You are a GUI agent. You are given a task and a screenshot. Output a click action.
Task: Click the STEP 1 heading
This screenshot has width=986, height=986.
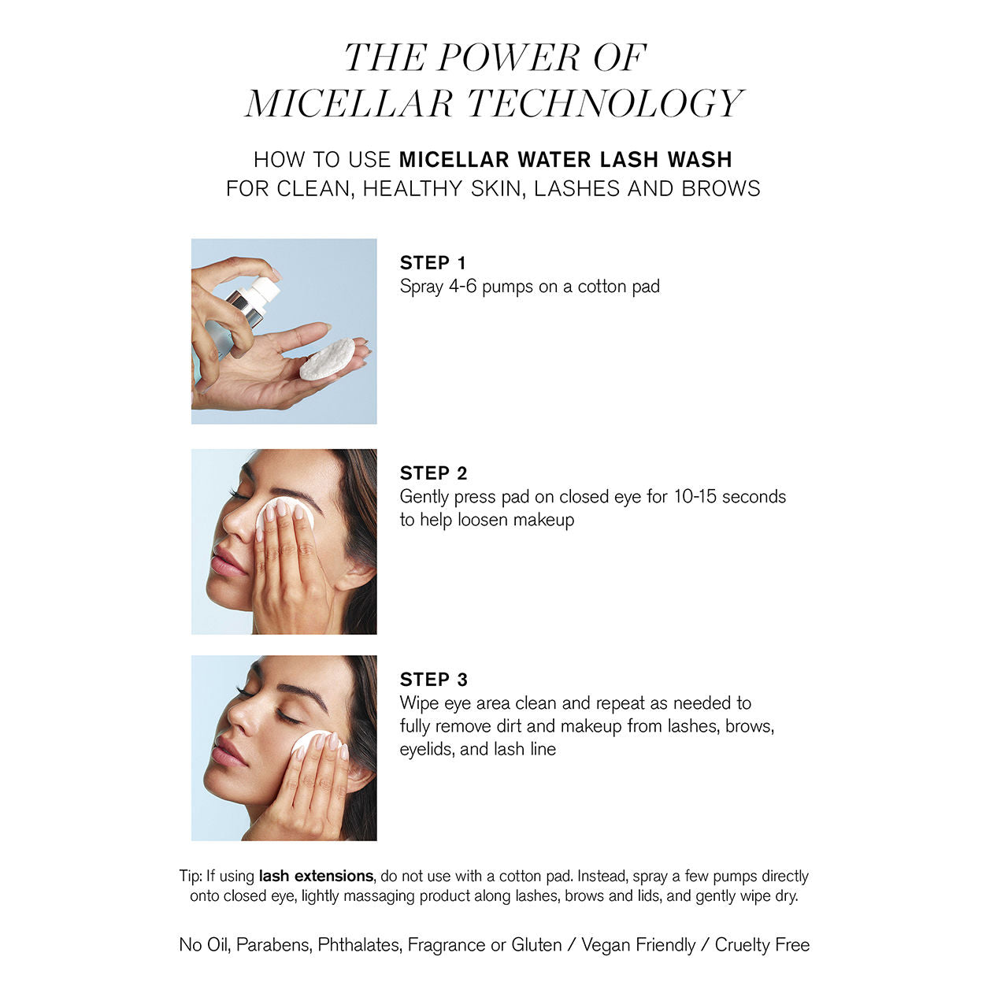point(432,263)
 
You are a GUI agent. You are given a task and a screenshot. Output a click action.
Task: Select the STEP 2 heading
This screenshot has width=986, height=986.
point(433,473)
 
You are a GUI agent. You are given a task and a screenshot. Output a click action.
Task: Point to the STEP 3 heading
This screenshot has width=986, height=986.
point(433,680)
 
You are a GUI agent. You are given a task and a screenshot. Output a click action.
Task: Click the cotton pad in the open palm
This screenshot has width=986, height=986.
point(327,359)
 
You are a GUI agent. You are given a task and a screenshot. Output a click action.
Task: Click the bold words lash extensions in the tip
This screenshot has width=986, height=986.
point(316,876)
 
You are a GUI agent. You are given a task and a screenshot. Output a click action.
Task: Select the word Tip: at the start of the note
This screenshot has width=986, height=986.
point(191,876)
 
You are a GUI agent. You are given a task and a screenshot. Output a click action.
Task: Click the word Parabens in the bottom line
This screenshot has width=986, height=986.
point(272,945)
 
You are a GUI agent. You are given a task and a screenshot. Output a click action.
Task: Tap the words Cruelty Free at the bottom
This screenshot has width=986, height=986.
point(762,945)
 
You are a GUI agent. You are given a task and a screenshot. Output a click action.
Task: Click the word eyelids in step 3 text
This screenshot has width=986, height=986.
point(425,750)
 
